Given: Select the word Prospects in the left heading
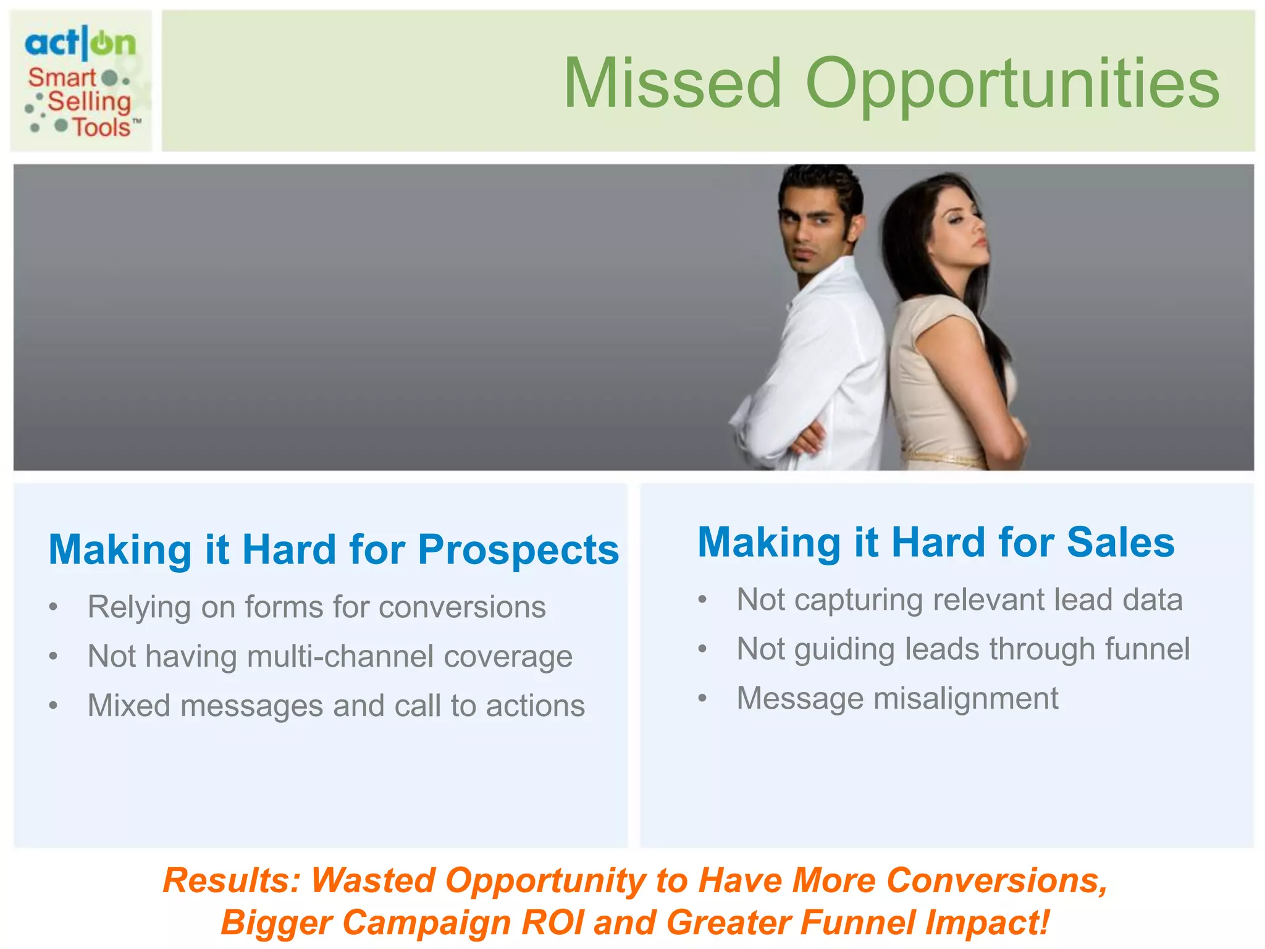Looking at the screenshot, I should [518, 550].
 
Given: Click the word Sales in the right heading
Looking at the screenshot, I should [1120, 542].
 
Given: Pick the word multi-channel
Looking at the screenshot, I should [340, 656].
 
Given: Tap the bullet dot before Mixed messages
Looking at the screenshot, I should [54, 706].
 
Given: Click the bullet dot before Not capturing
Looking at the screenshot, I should [702, 599].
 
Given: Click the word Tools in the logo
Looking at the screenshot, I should [102, 128].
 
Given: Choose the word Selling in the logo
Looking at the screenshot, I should [90, 102].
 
